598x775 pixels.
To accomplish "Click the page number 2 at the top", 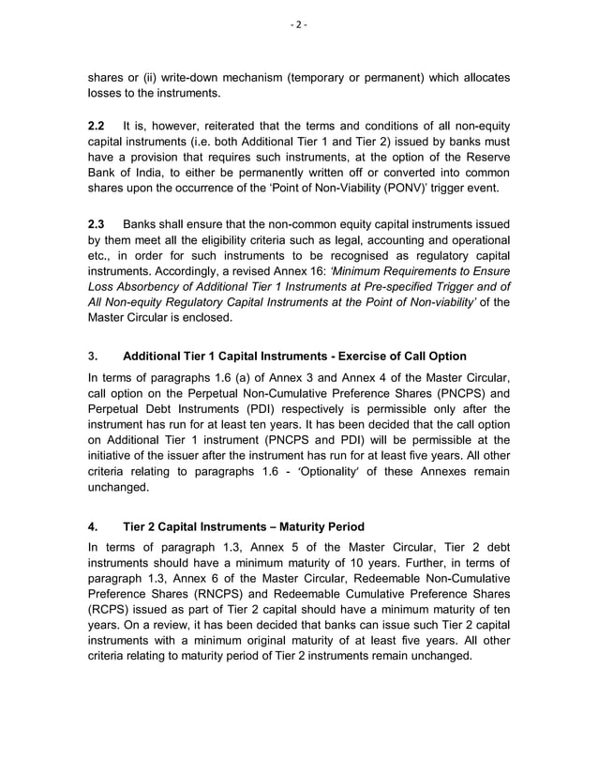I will [299, 24].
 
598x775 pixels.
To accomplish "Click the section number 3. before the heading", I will [92, 357].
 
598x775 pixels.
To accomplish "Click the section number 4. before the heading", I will [92, 527].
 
